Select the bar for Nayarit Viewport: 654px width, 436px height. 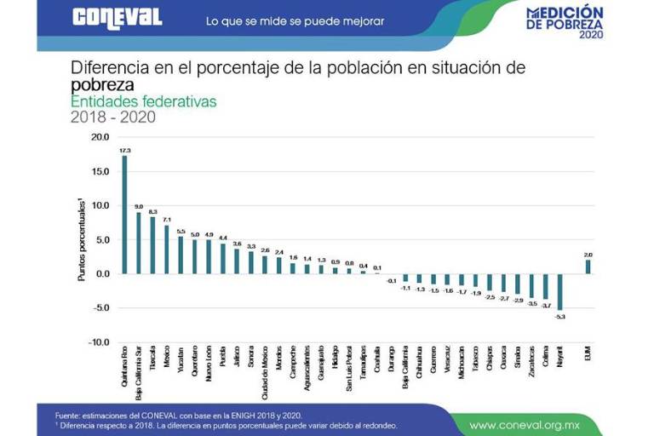tap(559, 291)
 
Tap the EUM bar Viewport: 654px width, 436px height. tap(588, 267)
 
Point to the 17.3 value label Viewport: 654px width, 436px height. tap(124, 151)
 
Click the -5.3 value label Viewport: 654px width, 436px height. tap(559, 316)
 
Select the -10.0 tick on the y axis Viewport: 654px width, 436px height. tap(99, 342)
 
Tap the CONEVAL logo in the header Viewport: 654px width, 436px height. tap(117, 18)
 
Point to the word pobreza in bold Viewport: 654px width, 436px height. tap(102, 85)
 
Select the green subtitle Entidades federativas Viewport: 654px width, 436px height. tap(143, 101)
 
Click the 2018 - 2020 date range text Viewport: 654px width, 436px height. tap(112, 118)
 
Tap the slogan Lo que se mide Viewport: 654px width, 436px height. tap(295, 20)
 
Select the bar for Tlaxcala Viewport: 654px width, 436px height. tap(152, 245)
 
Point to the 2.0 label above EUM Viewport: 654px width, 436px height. tap(588, 254)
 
